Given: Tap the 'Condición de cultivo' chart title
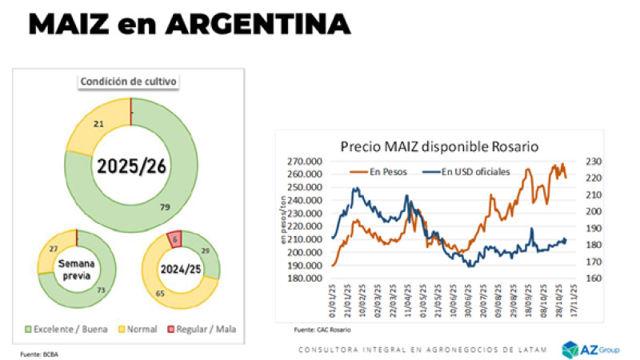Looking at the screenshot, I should (128, 81).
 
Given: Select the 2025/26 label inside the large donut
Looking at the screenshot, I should (130, 166).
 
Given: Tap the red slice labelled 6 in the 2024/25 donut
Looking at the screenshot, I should (174, 238).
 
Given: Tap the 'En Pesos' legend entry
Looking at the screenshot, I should (386, 170).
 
